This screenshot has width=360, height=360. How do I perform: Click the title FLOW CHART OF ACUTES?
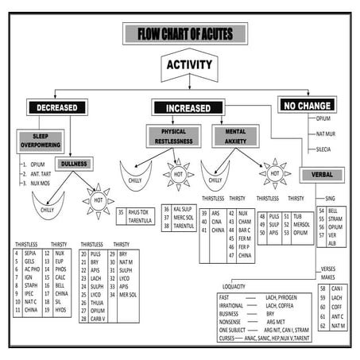click(180, 34)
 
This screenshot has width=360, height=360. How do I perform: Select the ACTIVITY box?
click(188, 66)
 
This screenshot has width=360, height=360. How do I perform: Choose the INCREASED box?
click(188, 107)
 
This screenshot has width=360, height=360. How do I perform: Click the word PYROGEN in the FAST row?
click(285, 296)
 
